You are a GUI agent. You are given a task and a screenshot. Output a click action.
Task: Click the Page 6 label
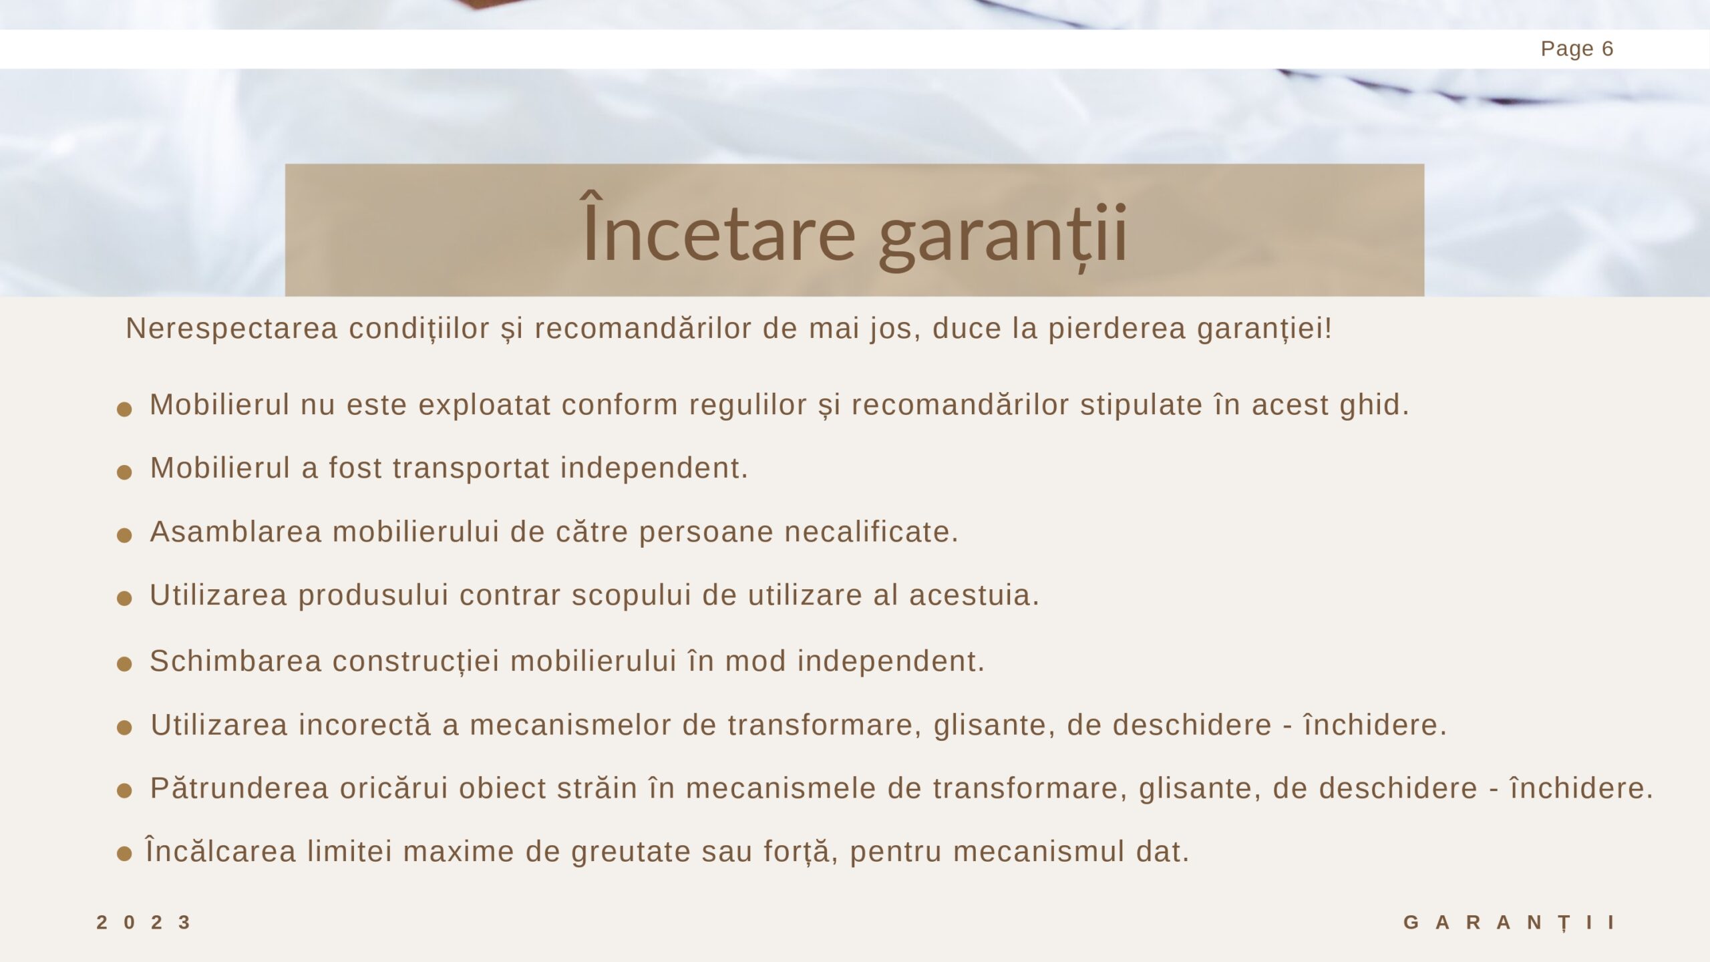click(1576, 49)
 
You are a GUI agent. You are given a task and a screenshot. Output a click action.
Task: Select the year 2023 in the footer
click(144, 923)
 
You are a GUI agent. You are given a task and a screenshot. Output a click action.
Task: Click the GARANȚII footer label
click(1510, 923)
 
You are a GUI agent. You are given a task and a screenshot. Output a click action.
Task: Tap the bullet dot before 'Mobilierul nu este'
click(124, 409)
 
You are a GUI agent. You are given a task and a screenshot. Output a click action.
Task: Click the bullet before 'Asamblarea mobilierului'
click(124, 535)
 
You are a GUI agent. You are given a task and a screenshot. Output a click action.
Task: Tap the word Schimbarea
click(236, 661)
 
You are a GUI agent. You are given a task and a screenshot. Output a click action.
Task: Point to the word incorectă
click(365, 725)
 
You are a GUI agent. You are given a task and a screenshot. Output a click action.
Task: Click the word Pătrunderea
click(239, 788)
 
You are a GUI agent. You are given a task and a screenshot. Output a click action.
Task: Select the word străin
click(597, 788)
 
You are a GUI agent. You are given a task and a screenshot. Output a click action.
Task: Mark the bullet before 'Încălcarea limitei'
click(124, 853)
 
